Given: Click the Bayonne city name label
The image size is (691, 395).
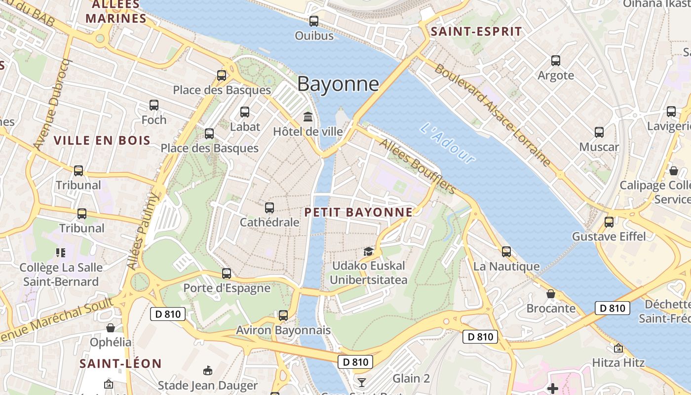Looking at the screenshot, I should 338,84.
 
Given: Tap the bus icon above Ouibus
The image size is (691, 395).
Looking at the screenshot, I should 314,21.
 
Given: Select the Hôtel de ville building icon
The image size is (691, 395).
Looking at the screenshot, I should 308,117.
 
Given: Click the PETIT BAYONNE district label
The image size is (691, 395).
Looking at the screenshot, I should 358,212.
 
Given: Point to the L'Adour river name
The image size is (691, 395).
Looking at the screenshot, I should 447,143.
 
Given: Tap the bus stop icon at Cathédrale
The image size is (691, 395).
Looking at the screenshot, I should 269,208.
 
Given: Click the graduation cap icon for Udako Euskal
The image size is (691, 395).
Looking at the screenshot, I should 368,251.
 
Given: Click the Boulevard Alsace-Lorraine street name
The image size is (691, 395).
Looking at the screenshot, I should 492,115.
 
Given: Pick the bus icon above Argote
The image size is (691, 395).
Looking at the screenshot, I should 556,61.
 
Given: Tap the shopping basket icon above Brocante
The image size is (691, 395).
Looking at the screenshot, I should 551,294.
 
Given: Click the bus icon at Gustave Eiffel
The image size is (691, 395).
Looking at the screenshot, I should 609,222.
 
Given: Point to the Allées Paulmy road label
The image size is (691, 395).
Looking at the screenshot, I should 144,231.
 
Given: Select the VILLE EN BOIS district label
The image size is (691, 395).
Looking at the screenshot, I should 102,140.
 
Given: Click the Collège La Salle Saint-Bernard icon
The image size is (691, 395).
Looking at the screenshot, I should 61,253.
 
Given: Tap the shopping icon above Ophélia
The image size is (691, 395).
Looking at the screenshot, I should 111,328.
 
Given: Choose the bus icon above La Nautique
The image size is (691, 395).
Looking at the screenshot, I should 506,252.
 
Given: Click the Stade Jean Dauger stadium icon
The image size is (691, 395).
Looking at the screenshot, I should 208,371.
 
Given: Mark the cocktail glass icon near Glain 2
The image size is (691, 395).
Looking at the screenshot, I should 362,382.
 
